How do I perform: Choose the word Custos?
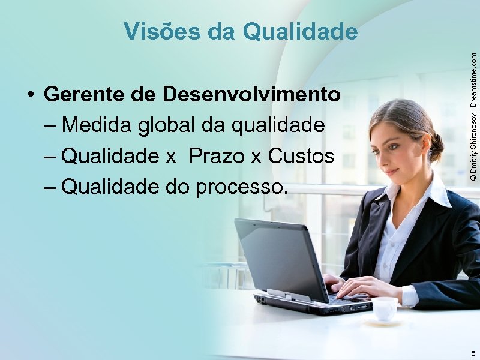pos(301,157)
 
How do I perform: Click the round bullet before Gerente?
pos(29,95)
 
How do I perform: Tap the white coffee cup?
pos(385,308)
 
